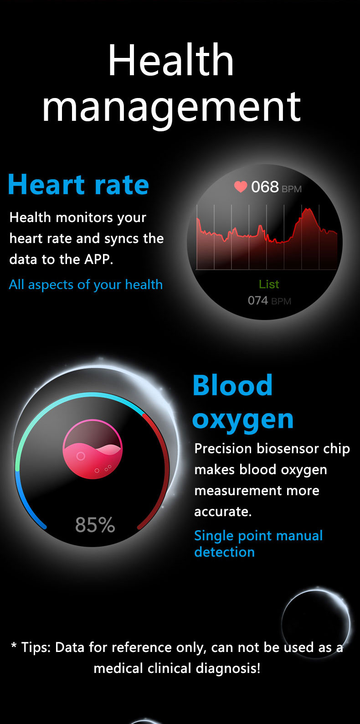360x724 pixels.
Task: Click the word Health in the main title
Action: click(171, 60)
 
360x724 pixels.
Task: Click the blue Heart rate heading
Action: click(78, 185)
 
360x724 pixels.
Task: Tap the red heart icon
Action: click(241, 186)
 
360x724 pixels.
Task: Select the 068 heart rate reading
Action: click(265, 187)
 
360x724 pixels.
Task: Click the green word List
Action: click(269, 284)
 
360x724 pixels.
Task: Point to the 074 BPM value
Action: click(269, 300)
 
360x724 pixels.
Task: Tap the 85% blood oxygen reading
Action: click(95, 525)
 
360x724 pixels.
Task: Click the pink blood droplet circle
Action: click(93, 449)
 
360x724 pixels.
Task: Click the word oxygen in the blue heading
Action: click(243, 420)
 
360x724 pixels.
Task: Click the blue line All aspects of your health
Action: click(86, 285)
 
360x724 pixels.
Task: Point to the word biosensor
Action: click(285, 449)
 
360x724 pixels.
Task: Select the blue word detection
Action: click(224, 552)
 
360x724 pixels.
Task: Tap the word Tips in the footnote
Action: click(35, 648)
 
